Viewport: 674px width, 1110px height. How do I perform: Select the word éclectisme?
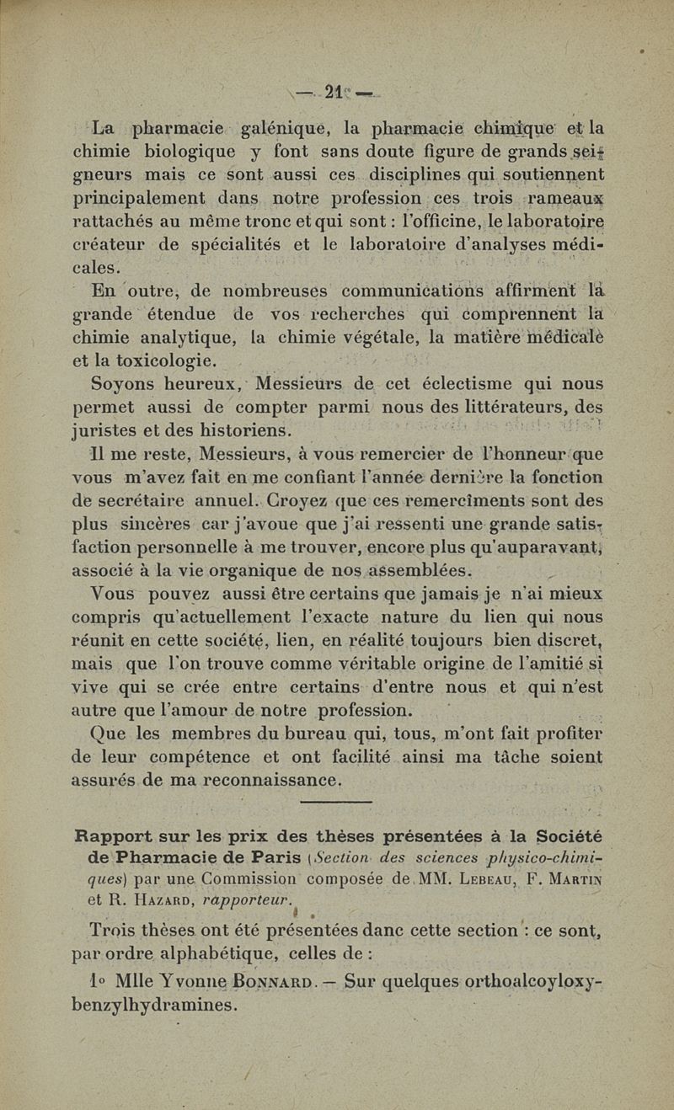pos(456,385)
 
